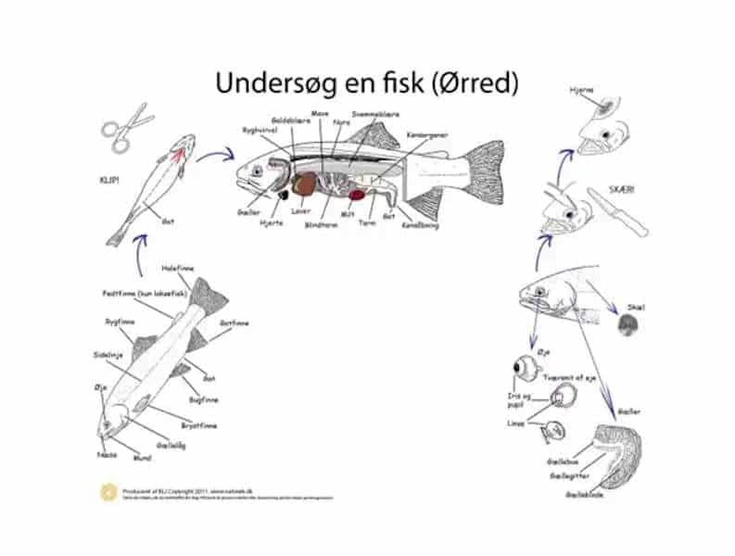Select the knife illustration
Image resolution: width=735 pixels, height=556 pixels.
click(x=619, y=215)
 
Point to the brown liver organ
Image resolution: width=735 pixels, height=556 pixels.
click(x=304, y=184)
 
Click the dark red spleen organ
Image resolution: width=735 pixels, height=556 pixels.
click(x=357, y=196)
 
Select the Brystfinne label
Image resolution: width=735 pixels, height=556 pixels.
click(x=198, y=425)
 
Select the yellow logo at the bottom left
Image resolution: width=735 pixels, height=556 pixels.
click(x=108, y=491)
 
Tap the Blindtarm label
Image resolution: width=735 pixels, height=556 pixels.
click(x=322, y=224)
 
